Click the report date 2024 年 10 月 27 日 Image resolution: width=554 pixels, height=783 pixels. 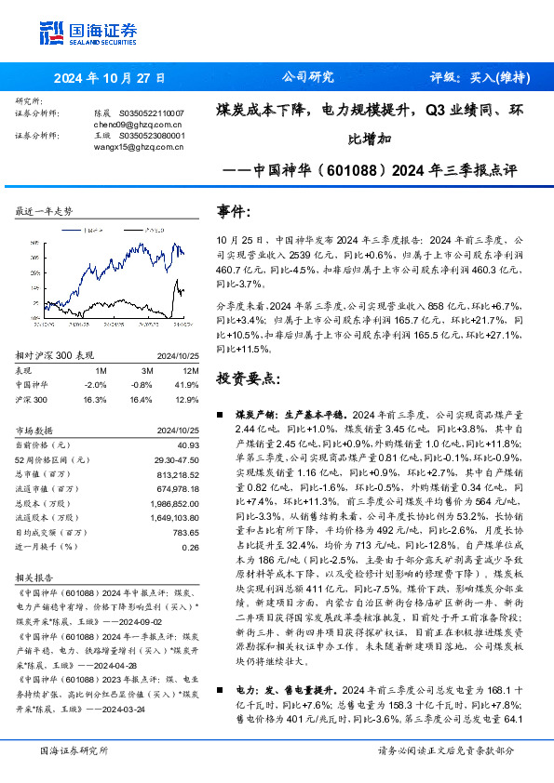[x=108, y=77]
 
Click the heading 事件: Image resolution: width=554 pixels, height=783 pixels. [x=233, y=211]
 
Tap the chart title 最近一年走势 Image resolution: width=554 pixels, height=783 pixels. [x=44, y=211]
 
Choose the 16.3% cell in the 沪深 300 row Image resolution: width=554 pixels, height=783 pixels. [x=96, y=398]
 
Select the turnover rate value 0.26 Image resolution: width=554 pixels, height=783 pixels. [x=191, y=547]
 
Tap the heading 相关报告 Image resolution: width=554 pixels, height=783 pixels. [x=36, y=577]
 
